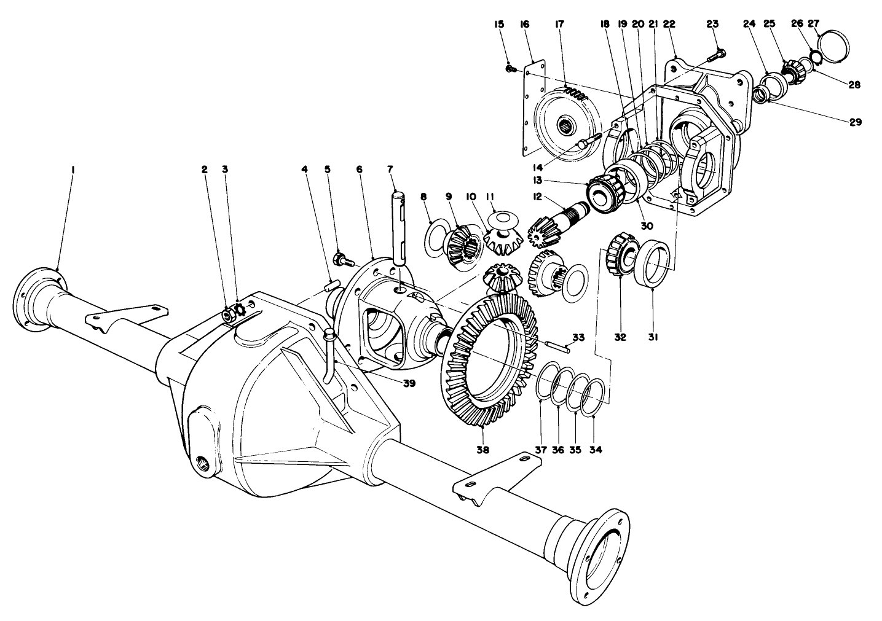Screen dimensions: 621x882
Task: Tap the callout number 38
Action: pos(482,450)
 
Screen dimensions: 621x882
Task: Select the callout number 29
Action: pos(856,122)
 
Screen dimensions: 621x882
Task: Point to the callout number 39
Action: pos(409,383)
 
